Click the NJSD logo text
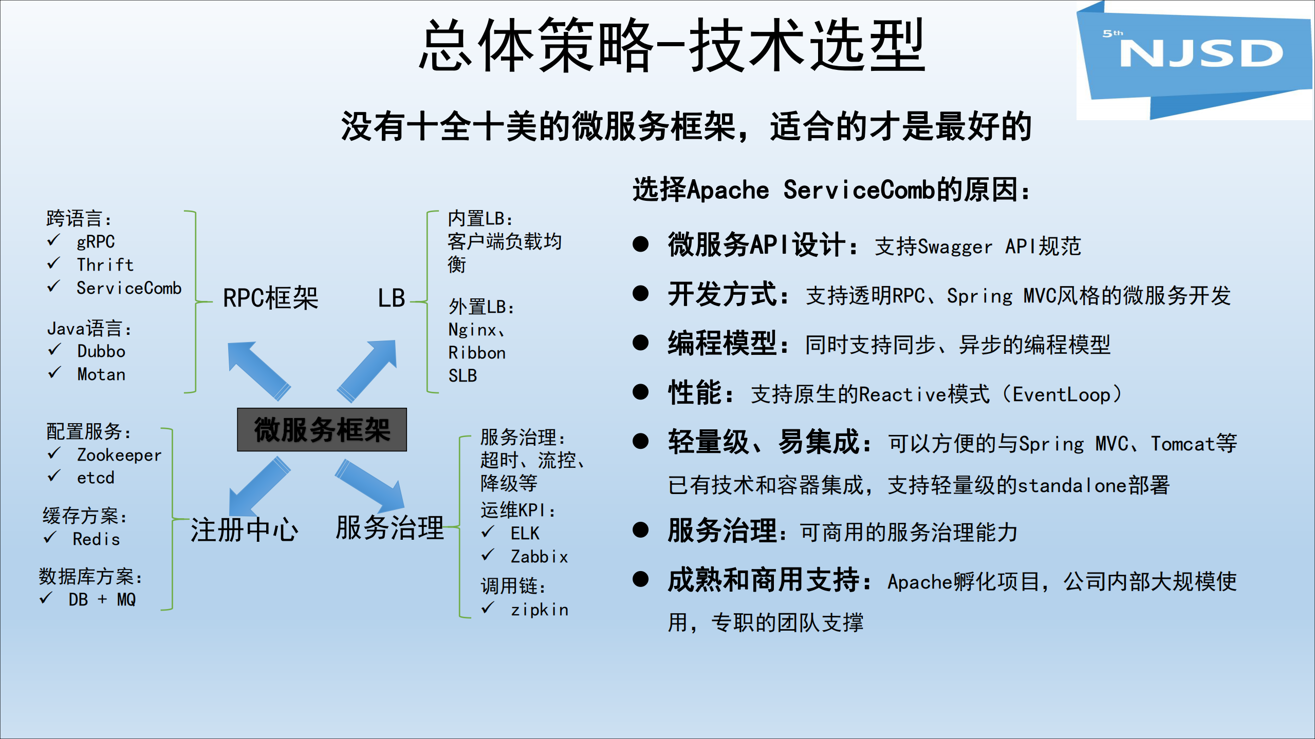pyautogui.click(x=1200, y=53)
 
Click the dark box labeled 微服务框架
pyautogui.click(x=322, y=430)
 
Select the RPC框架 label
pyautogui.click(x=270, y=298)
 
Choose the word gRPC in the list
pyautogui.click(x=96, y=241)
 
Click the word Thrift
pyautogui.click(x=105, y=264)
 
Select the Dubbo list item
pyautogui.click(x=101, y=351)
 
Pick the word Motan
pyautogui.click(x=101, y=374)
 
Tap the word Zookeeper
pyautogui.click(x=119, y=455)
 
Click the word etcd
pyautogui.click(x=96, y=478)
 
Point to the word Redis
pyautogui.click(x=96, y=539)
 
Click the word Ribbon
pyautogui.click(x=477, y=353)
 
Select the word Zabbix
pyautogui.click(x=539, y=557)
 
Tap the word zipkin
pyautogui.click(x=539, y=610)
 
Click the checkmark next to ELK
pyautogui.click(x=488, y=532)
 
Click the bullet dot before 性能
pyautogui.click(x=640, y=392)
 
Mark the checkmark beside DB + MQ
pyautogui.click(x=46, y=598)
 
